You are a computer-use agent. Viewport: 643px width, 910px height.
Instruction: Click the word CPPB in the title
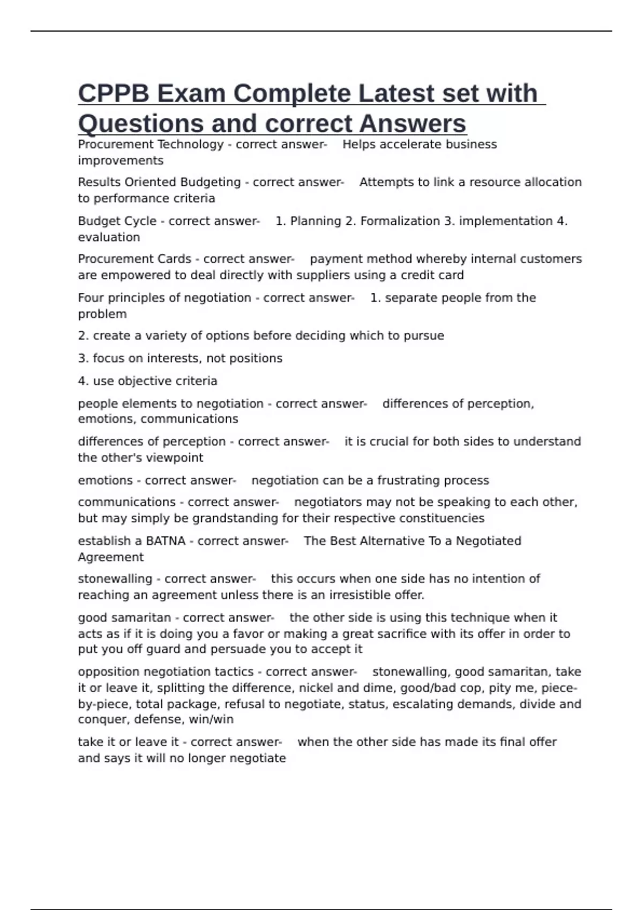click(x=114, y=94)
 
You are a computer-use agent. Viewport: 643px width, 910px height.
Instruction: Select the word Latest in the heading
click(x=396, y=94)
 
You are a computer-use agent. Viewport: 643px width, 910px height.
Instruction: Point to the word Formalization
click(x=400, y=221)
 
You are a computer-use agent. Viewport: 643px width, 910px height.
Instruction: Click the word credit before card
click(x=422, y=275)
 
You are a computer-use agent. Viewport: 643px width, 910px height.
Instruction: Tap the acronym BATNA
click(x=166, y=541)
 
